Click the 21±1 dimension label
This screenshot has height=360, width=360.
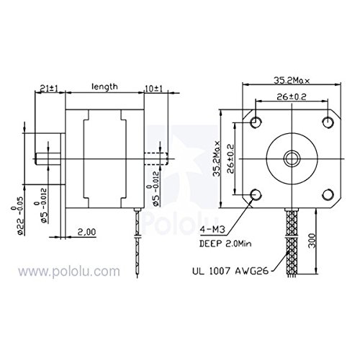(x=49, y=89)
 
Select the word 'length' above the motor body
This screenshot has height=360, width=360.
(x=105, y=87)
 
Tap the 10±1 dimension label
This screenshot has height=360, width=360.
(x=154, y=89)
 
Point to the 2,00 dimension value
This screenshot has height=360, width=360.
(x=86, y=232)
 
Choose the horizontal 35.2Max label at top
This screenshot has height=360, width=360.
(x=292, y=80)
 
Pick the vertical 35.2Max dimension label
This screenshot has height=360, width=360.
(x=217, y=158)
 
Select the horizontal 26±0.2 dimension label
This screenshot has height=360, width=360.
(x=292, y=97)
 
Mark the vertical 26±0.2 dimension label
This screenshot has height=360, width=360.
(x=230, y=158)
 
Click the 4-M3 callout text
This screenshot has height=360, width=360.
(x=212, y=230)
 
